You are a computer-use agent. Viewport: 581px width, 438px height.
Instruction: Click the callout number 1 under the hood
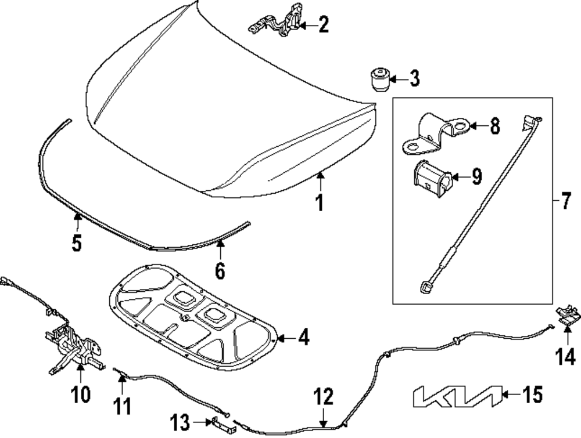[x=318, y=204]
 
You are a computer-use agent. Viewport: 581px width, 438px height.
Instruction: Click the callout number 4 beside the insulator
[x=304, y=338]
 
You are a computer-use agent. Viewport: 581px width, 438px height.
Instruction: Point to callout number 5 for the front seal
[x=77, y=242]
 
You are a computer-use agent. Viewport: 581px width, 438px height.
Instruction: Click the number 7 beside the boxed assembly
[x=566, y=203]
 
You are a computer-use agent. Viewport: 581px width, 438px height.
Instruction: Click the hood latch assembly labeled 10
[x=73, y=348]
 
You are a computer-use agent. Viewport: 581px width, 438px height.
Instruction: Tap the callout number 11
[x=123, y=404]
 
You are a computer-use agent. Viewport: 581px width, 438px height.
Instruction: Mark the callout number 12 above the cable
[x=324, y=398]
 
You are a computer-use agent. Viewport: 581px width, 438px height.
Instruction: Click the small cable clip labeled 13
[x=224, y=423]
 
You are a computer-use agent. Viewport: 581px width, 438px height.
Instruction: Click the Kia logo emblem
[x=455, y=396]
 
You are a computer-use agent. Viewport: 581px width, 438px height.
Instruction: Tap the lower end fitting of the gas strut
[x=425, y=285]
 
